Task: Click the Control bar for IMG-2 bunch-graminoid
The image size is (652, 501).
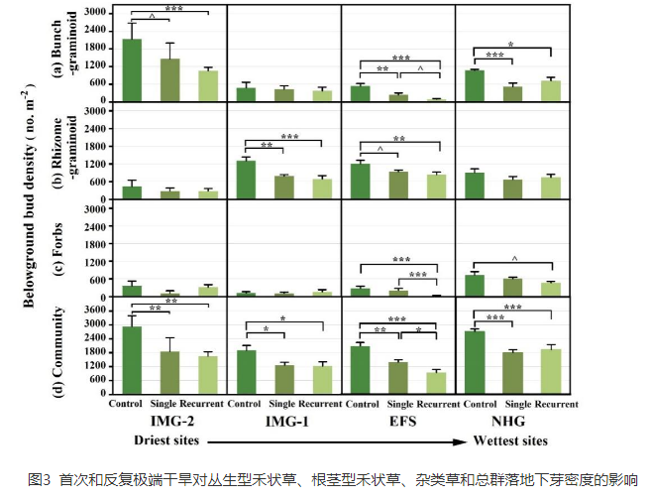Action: coord(132,70)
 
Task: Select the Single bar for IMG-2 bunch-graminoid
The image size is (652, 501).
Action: coord(169,80)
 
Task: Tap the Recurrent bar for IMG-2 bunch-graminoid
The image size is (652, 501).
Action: coord(207,86)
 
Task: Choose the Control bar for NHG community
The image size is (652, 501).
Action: coord(475,362)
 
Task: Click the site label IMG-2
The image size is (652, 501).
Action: coord(169,422)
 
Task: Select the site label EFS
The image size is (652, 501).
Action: coord(396,422)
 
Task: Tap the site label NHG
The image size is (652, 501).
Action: coord(511,422)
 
